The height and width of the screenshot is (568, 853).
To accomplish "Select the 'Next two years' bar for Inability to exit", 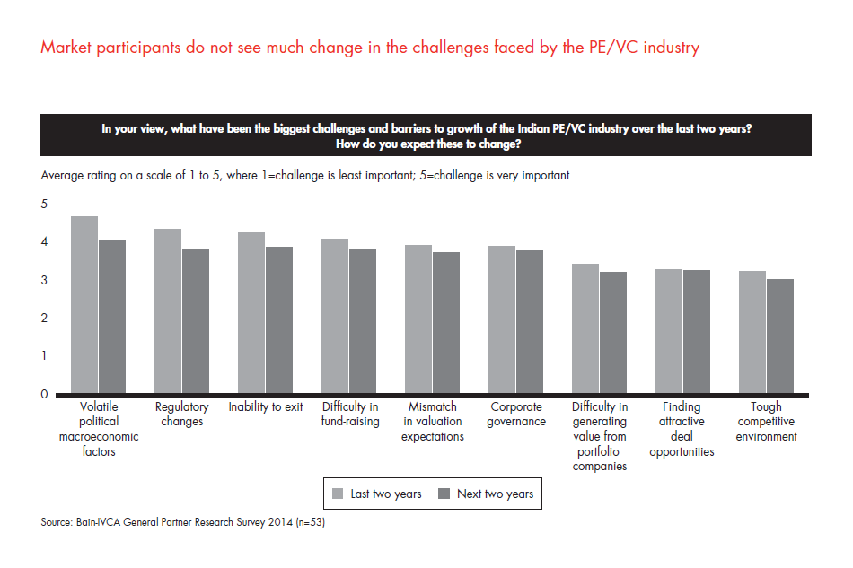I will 278,320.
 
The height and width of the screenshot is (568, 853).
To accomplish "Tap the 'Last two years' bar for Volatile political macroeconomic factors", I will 84,305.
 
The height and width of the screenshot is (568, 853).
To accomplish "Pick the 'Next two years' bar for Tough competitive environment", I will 779,336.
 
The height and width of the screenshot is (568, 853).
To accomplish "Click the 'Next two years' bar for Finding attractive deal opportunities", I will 696,332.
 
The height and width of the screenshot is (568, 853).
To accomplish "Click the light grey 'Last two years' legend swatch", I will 339,493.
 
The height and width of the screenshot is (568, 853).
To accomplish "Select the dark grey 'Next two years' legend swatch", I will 443,493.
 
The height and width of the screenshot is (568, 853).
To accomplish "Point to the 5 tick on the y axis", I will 44,205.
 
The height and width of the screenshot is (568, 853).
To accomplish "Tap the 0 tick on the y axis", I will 44,394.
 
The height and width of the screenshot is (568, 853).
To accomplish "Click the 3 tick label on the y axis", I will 44,281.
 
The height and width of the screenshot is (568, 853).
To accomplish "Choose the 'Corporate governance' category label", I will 514,415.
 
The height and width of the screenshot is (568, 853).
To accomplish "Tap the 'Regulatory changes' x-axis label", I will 181,415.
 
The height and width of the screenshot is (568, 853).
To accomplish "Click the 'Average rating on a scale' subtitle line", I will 304,176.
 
